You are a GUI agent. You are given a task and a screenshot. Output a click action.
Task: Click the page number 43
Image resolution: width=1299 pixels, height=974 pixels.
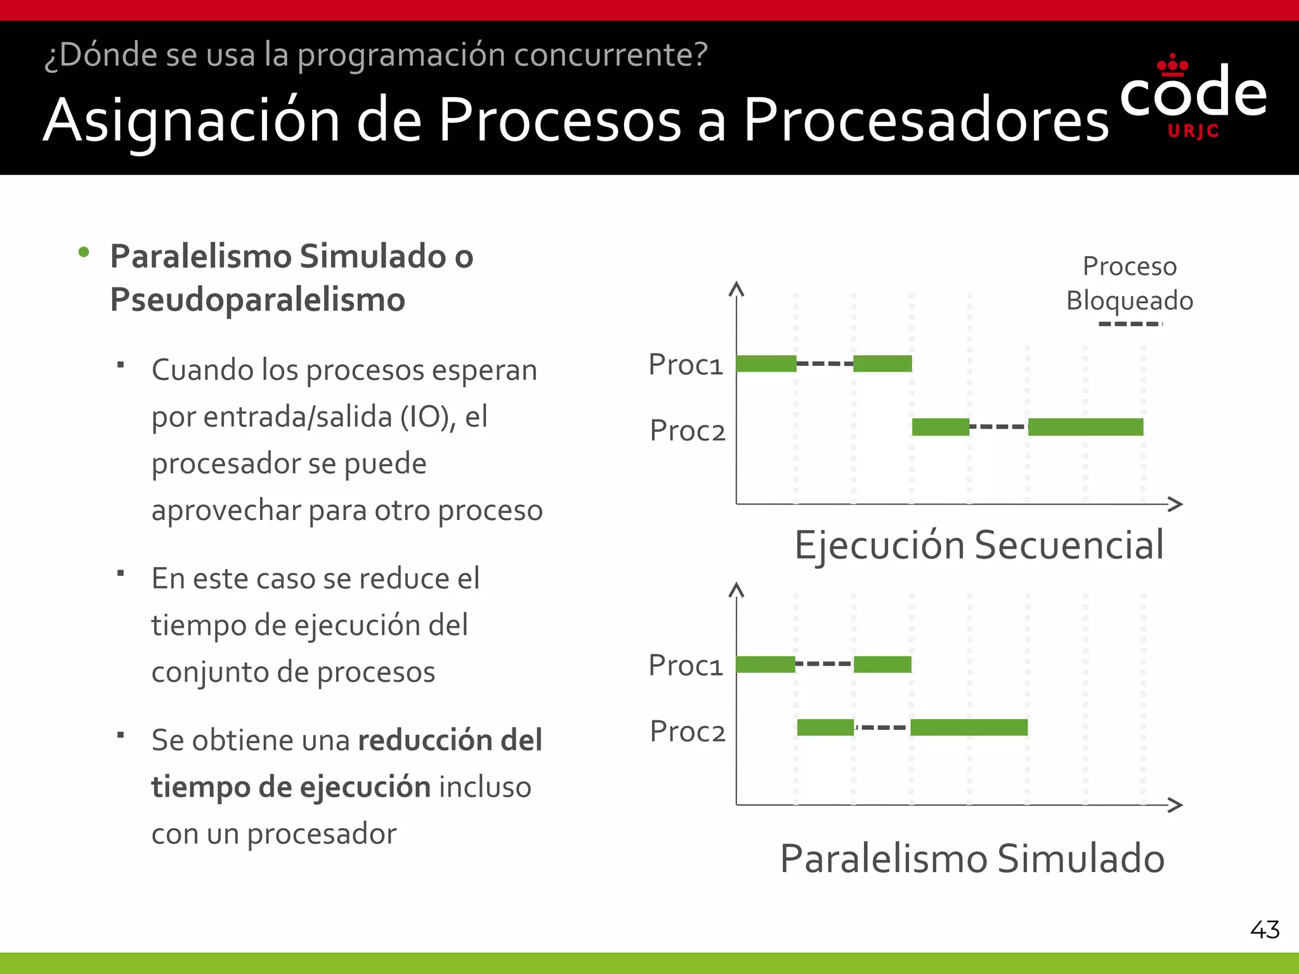(1264, 930)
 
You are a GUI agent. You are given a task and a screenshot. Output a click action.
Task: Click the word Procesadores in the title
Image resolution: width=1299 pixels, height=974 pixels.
(925, 120)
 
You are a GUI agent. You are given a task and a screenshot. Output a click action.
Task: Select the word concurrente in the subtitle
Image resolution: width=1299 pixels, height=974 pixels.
(610, 55)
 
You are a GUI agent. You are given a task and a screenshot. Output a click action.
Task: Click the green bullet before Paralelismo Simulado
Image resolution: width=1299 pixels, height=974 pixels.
(84, 253)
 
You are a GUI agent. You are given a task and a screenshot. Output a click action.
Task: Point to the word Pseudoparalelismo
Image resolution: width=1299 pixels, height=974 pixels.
(258, 300)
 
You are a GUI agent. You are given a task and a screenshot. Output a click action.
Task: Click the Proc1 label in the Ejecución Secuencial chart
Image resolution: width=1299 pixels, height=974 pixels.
(686, 365)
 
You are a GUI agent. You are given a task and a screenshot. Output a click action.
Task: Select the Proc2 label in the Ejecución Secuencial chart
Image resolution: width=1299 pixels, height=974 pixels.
(688, 431)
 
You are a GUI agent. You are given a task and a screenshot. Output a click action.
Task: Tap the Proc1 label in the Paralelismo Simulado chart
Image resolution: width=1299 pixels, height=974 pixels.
(686, 665)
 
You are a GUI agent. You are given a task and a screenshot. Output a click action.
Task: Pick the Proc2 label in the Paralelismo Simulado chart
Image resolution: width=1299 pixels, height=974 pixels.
(688, 732)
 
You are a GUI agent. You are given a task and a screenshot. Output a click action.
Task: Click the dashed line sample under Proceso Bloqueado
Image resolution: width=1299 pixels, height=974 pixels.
(1130, 324)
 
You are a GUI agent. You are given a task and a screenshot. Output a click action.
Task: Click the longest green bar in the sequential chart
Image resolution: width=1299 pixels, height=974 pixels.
(1085, 427)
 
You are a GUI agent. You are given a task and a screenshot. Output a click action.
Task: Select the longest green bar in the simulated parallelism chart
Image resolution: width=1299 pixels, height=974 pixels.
(969, 727)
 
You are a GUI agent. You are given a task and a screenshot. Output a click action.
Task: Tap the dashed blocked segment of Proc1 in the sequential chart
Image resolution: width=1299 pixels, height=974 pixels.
(825, 364)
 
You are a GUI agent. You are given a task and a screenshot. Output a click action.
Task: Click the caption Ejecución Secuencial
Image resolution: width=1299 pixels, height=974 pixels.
(979, 545)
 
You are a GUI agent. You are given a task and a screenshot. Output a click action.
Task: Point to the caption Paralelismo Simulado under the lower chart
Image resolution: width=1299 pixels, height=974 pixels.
(972, 859)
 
